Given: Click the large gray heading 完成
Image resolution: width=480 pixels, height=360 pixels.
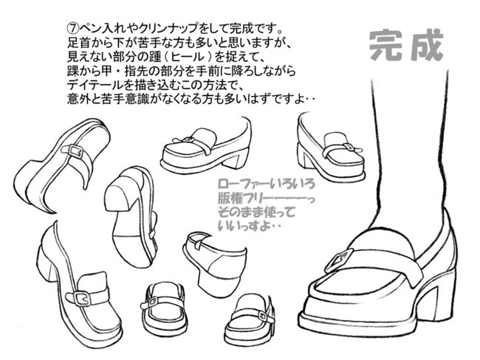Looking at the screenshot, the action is point(406,46).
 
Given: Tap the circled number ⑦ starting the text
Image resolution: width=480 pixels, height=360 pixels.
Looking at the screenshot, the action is point(72,29).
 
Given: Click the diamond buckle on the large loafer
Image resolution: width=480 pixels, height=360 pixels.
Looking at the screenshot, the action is point(338,260).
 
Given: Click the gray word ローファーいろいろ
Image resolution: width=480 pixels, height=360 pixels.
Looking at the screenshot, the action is point(267,184).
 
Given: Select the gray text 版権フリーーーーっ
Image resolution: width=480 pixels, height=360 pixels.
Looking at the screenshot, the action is point(267,198).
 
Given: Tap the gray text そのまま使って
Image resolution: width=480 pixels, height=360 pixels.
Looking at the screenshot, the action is point(256,212).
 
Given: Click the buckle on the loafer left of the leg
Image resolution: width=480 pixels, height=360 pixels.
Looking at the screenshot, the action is point(349,148).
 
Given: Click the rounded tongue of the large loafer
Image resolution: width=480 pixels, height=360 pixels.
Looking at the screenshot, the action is point(381,240).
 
